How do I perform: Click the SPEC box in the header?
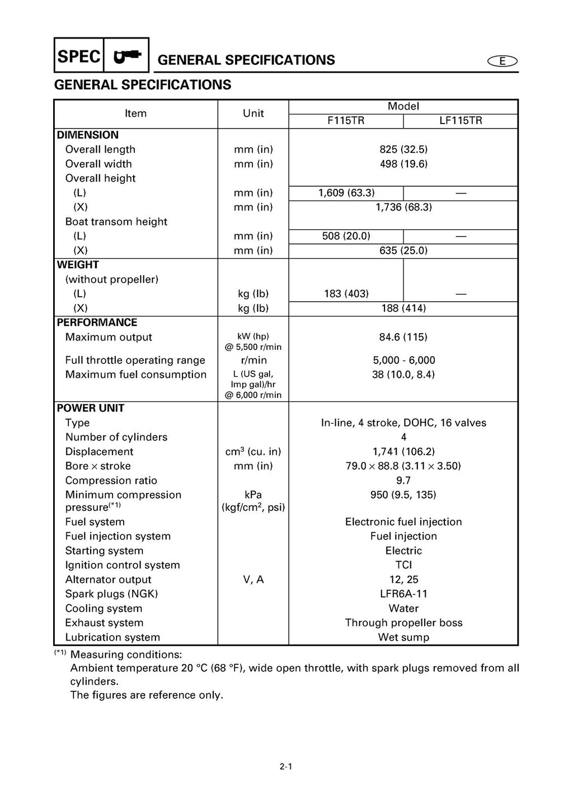tap(79, 56)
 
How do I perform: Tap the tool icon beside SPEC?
tap(127, 56)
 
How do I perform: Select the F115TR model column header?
tap(346, 121)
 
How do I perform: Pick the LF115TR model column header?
tap(461, 121)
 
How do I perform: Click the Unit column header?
tap(253, 113)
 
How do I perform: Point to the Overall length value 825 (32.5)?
tap(403, 149)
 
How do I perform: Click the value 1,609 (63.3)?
tap(346, 193)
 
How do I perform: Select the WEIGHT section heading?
tap(78, 265)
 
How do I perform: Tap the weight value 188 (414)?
tap(403, 308)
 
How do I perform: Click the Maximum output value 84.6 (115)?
tap(403, 337)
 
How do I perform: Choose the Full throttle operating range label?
tap(135, 361)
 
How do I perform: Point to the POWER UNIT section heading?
tap(90, 408)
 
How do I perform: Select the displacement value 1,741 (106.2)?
tap(403, 452)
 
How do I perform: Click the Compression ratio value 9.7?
tap(403, 480)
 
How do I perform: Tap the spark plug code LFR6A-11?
tap(403, 594)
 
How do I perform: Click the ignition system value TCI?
tap(403, 565)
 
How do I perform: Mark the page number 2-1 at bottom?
tap(286, 767)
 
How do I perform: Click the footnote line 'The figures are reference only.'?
tap(147, 695)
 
